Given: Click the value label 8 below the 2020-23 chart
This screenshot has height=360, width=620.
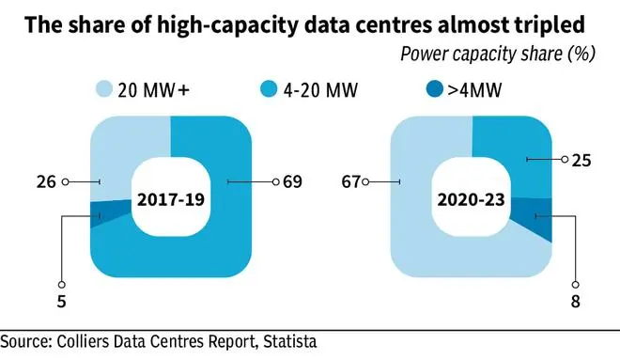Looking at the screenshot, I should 576,304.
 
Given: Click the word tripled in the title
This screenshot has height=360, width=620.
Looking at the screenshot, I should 553,25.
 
